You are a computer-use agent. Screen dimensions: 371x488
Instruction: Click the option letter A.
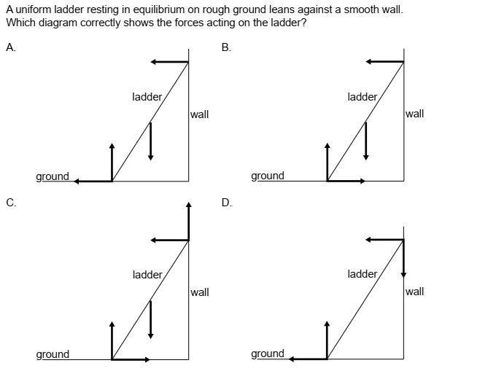coord(9,48)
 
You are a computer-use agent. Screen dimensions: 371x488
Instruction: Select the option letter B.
coord(225,48)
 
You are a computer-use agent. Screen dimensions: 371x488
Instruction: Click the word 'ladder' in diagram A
coord(147,96)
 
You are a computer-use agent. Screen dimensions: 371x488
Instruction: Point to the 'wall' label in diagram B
coord(414,114)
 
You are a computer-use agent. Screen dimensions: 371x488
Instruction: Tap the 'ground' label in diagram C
coord(53,354)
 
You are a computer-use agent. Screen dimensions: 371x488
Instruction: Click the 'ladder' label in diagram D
coord(363,274)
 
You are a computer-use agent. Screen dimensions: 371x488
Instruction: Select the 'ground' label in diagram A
coord(53,176)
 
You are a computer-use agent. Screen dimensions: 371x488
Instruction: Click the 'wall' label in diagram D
coord(414,292)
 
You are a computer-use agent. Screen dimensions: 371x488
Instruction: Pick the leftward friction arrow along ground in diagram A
coord(93,181)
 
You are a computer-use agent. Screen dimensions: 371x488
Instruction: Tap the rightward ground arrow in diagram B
coord(346,181)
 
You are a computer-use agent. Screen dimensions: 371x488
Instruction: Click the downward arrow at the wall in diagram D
coord(403,259)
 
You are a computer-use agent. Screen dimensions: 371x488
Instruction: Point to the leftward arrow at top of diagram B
coord(384,62)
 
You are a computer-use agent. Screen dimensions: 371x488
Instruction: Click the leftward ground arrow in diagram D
coord(309,359)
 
